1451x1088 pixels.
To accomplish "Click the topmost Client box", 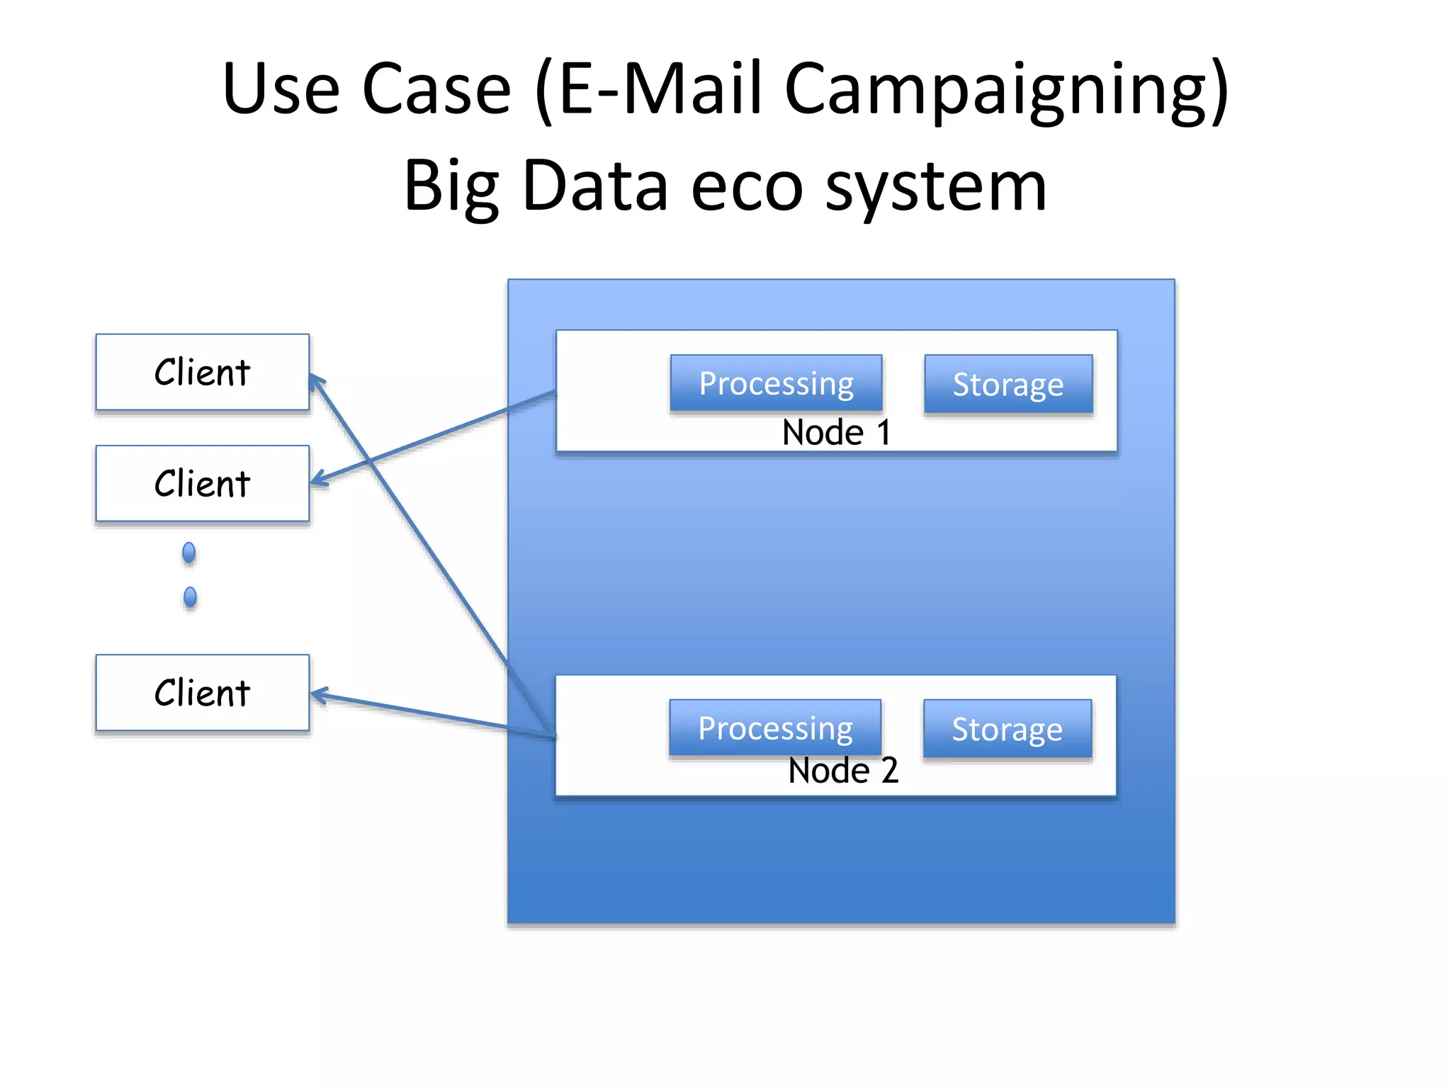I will coord(202,372).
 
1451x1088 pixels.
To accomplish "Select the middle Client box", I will coord(202,483).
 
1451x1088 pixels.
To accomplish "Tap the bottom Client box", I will coord(202,692).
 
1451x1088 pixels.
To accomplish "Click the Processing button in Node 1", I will coord(776,383).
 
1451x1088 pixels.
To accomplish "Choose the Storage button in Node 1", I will coord(1007,384).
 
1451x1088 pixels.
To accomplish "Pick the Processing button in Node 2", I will coord(775,728).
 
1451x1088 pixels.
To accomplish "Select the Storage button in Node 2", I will coord(1007,729).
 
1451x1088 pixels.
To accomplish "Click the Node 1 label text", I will coord(836,432).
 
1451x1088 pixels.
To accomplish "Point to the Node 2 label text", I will coord(843,771).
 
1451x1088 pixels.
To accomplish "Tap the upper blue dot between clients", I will coord(188,552).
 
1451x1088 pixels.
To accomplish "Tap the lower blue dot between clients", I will coord(190,597).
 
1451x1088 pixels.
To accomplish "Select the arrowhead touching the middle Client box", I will coord(318,480).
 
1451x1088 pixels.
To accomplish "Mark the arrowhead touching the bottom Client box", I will coord(318,695).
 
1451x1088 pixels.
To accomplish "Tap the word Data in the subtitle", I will coord(595,186).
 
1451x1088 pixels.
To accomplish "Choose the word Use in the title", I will coord(281,89).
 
